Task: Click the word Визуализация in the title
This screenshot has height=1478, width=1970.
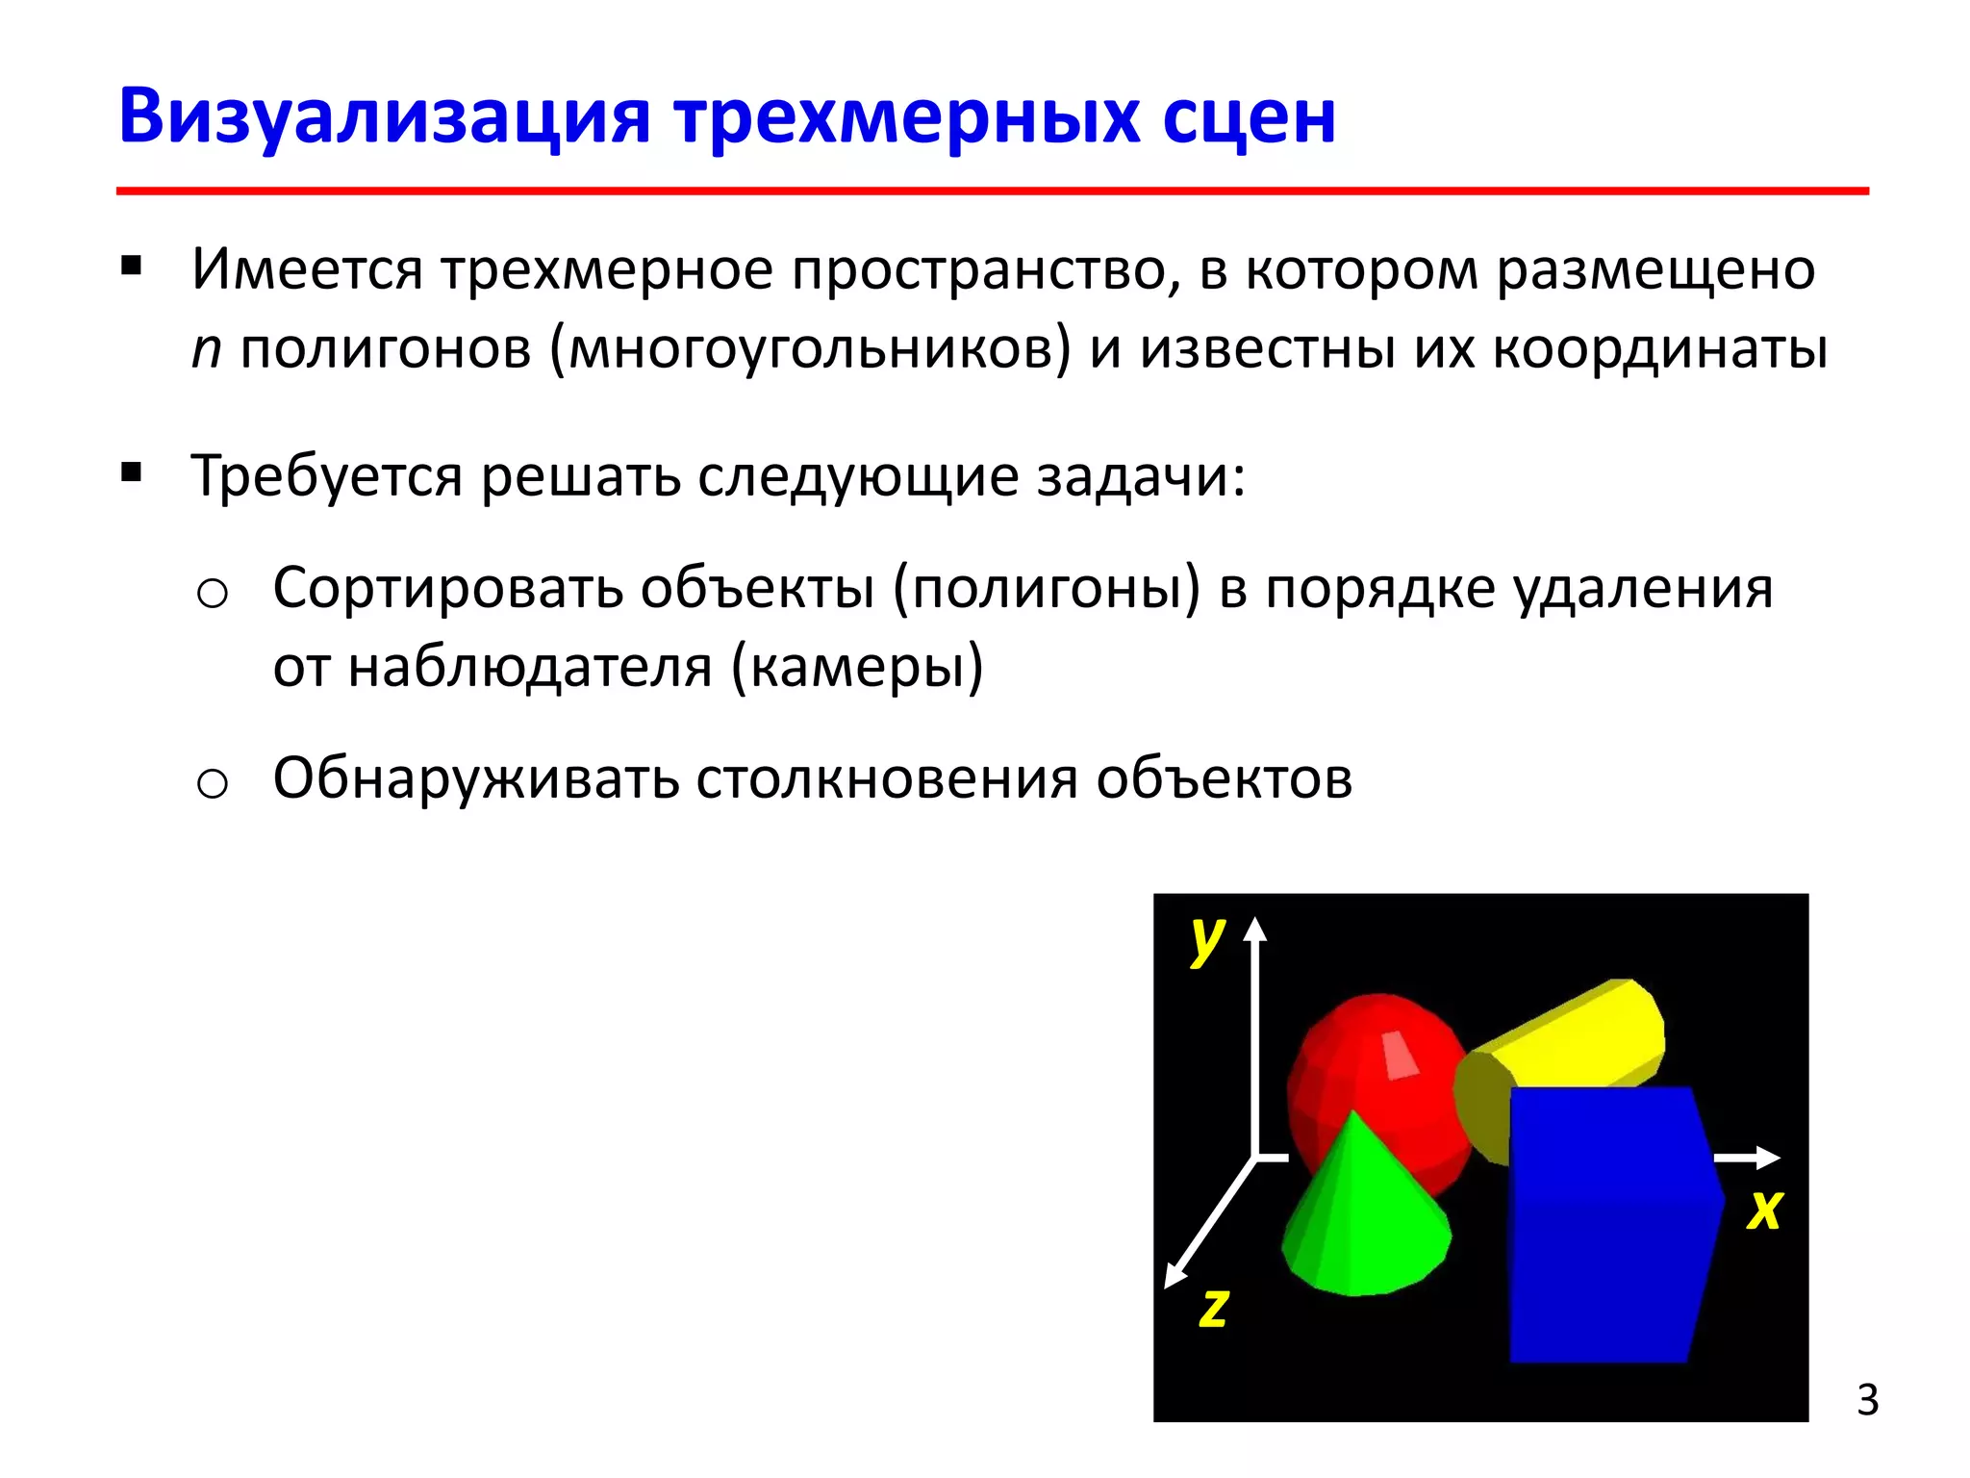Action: tap(385, 117)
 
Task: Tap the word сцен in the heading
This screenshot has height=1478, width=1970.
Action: tap(1249, 117)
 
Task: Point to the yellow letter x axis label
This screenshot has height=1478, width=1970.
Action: tap(1764, 1210)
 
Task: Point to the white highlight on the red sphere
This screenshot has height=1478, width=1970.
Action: tap(1400, 1056)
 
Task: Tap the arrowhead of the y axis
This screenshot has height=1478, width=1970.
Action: tap(1254, 929)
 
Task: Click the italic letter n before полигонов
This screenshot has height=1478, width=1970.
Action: tap(206, 349)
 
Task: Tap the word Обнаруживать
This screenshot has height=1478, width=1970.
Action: tap(476, 778)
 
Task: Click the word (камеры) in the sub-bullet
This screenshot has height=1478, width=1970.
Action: tap(857, 667)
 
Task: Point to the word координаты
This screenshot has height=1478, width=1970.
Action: tap(1660, 349)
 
